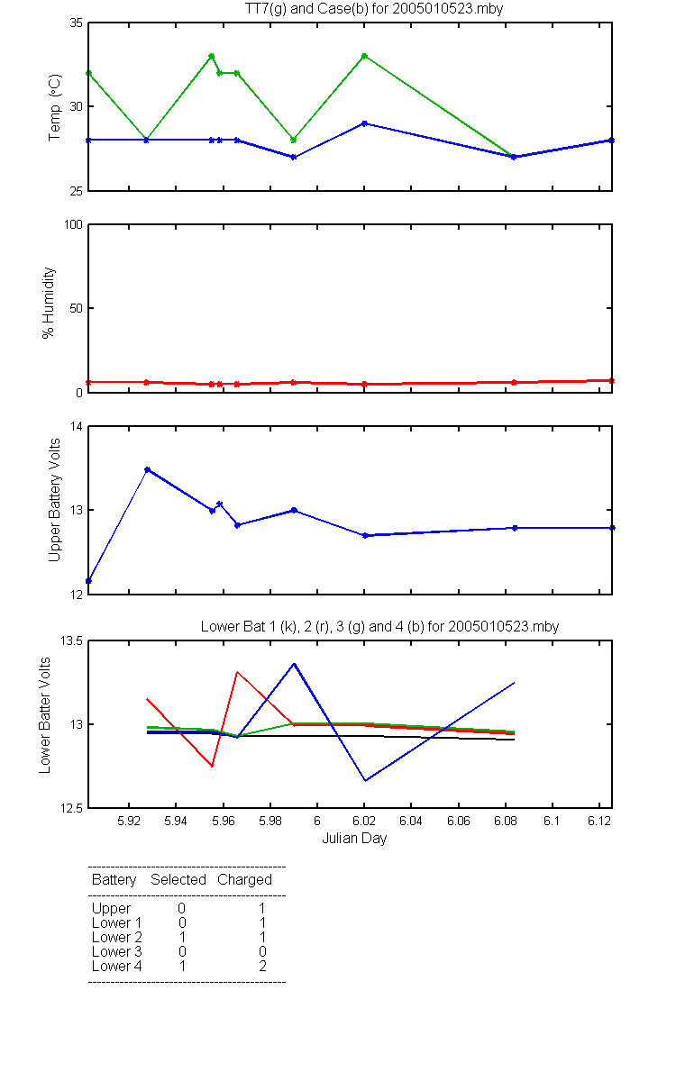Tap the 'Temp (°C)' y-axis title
55,107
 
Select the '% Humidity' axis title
49,303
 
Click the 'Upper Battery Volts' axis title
55,500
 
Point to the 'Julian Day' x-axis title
354,839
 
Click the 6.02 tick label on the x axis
364,821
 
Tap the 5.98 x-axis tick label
269,821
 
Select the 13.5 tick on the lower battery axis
71,640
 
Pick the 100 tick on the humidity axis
73,224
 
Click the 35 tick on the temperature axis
77,23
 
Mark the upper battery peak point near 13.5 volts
148,469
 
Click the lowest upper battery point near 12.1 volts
88,580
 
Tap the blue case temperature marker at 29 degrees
364,123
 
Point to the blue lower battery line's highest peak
294,664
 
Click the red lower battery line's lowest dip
212,766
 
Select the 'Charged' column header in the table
244,880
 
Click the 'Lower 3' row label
117,951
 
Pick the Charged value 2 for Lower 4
262,966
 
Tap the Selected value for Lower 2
182,937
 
